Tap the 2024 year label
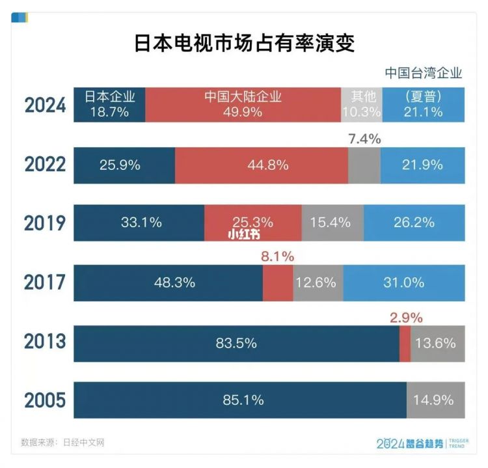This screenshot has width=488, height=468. click(46, 105)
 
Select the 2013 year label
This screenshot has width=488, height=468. click(46, 341)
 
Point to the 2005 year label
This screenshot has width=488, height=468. click(46, 400)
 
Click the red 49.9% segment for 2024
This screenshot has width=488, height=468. click(243, 105)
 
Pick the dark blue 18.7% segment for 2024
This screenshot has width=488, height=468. click(109, 105)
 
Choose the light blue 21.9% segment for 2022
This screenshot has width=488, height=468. click(422, 165)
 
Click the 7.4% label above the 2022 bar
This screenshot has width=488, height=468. click(364, 139)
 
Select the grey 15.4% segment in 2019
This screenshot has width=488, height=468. click(332, 223)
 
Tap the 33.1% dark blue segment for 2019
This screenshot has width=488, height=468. click(139, 223)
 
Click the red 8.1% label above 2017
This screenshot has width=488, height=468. click(277, 256)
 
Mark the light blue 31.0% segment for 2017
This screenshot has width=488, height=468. click(403, 282)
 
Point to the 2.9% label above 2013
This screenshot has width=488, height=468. click(406, 318)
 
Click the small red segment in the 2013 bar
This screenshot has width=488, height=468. click(405, 343)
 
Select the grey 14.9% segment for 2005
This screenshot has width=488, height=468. click(435, 400)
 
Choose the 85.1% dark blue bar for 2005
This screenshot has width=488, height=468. click(240, 400)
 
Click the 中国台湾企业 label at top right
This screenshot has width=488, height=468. click(423, 73)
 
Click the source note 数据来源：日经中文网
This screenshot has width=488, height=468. click(62, 443)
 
